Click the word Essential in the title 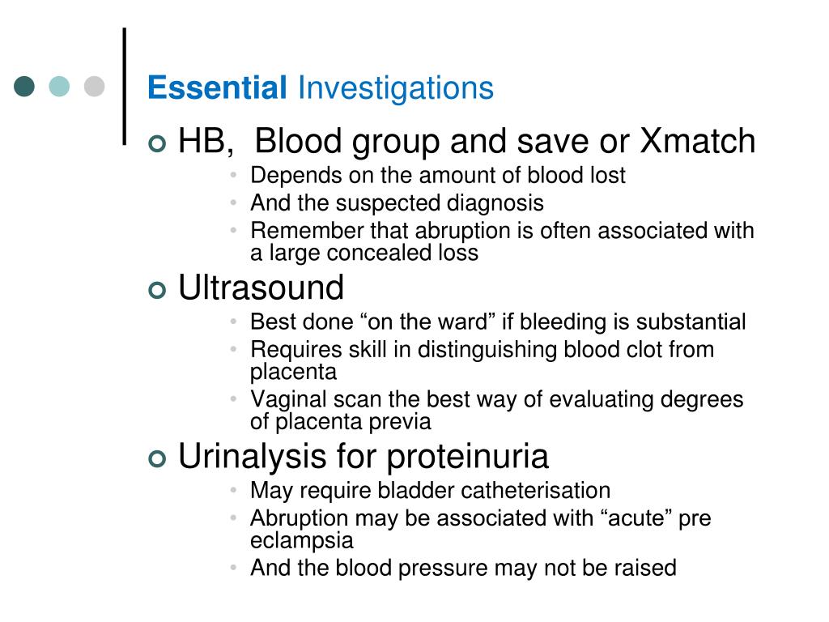[x=217, y=87]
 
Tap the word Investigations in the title [x=396, y=88]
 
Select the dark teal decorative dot [x=24, y=86]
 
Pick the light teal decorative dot [x=59, y=86]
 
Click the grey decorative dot [x=94, y=86]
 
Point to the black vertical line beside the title [x=125, y=86]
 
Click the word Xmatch [x=697, y=141]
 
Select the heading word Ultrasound [x=261, y=288]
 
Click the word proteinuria [x=468, y=457]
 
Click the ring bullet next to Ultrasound [x=157, y=290]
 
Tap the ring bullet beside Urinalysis [x=157, y=458]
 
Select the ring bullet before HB [x=157, y=143]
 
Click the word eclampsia [x=302, y=541]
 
